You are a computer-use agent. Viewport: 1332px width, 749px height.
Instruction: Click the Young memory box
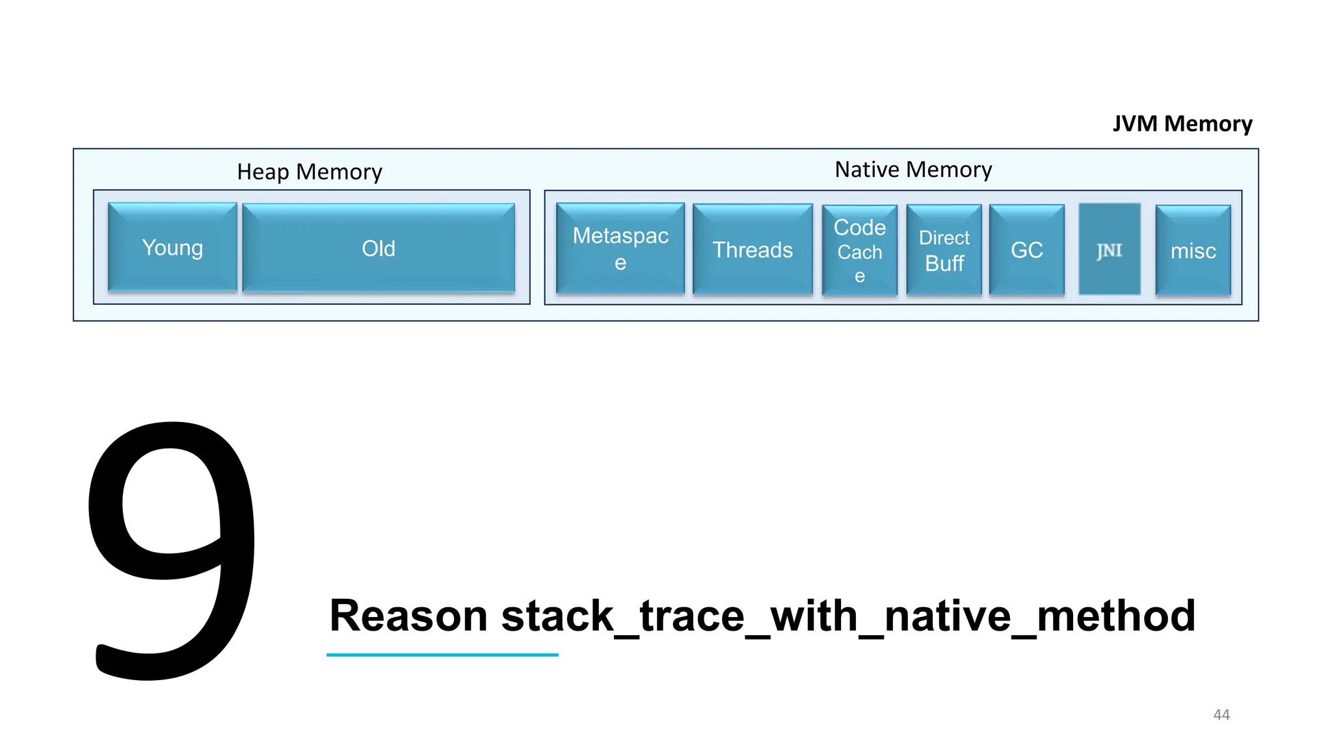tap(172, 247)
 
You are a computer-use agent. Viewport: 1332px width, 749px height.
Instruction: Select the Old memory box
tap(379, 248)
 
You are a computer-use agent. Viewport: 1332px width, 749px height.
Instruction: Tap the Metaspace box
tap(620, 248)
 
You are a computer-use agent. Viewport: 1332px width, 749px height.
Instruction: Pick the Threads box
tap(753, 250)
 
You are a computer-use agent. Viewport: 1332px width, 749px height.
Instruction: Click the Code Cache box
tap(859, 250)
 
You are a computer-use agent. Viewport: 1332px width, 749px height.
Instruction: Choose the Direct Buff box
tap(944, 250)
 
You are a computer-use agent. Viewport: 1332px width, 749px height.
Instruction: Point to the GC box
tap(1026, 250)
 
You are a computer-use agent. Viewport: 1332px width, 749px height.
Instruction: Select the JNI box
tap(1109, 250)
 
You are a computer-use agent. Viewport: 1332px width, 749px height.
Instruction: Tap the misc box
tap(1193, 251)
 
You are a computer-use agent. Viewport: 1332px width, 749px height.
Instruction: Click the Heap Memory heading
tap(309, 172)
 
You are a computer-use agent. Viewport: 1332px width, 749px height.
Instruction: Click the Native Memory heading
tap(913, 170)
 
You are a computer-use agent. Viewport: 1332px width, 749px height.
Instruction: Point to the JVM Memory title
tap(1182, 124)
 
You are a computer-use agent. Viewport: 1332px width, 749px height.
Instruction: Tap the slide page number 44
tap(1221, 715)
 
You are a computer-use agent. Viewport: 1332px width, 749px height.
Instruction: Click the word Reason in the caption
tap(408, 616)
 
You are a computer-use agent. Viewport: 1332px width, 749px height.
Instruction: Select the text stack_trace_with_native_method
tap(848, 616)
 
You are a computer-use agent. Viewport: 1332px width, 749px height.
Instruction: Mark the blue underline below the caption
tap(442, 655)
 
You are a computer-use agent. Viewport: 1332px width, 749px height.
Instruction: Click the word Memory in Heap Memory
tap(339, 172)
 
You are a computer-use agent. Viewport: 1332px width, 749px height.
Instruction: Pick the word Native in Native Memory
tap(867, 170)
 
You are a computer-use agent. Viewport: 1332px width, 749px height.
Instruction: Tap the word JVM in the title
tap(1135, 124)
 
